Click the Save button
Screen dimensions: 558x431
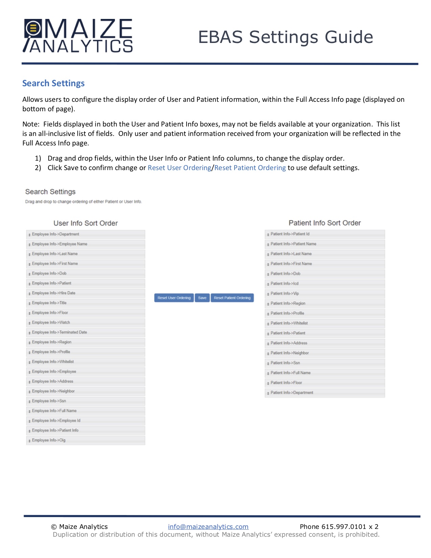pos(202,298)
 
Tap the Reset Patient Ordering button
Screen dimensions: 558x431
pos(232,298)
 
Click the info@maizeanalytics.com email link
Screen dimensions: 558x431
pos(208,527)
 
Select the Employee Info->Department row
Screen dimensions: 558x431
pos(86,234)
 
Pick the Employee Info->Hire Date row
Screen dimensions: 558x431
pos(86,293)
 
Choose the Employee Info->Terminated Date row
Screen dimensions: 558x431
pos(86,332)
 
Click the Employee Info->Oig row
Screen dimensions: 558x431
pos(86,440)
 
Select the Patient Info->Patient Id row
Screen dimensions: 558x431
pos(325,234)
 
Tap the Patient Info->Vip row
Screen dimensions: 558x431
pos(325,294)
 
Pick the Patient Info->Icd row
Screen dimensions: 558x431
pos(325,284)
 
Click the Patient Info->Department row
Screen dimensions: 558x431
pos(325,393)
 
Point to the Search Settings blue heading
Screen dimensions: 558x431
pos(53,83)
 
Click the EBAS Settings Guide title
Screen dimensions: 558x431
pos(285,37)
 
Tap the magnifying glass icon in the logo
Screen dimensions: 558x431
pos(33,28)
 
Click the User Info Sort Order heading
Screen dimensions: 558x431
pos(86,223)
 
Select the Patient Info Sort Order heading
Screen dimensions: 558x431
pos(325,223)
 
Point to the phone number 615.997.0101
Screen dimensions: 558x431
pos(343,527)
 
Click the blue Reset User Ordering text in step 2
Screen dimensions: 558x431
pos(179,168)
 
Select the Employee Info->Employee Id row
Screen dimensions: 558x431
pos(86,421)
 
